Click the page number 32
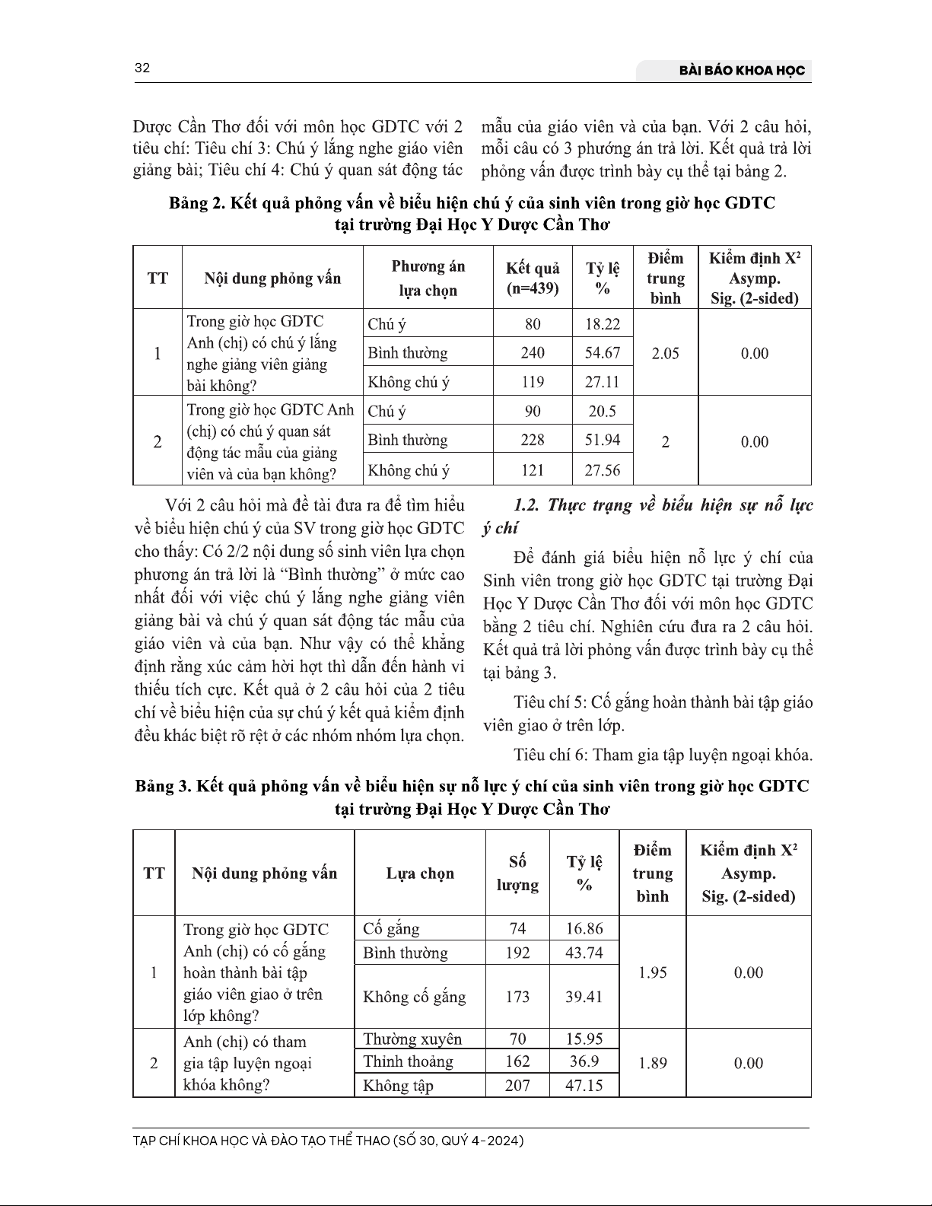(142, 68)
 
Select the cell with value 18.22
(602, 324)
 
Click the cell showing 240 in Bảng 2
(533, 353)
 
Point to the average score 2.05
(665, 353)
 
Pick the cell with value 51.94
(602, 440)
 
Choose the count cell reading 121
(533, 470)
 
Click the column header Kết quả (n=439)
(533, 278)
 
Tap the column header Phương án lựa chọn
(428, 278)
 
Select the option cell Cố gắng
(391, 929)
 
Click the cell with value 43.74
(584, 953)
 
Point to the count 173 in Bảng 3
(517, 997)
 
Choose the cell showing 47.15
(584, 1085)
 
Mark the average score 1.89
(652, 1063)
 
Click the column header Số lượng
(517, 873)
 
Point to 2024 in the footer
(505, 1141)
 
